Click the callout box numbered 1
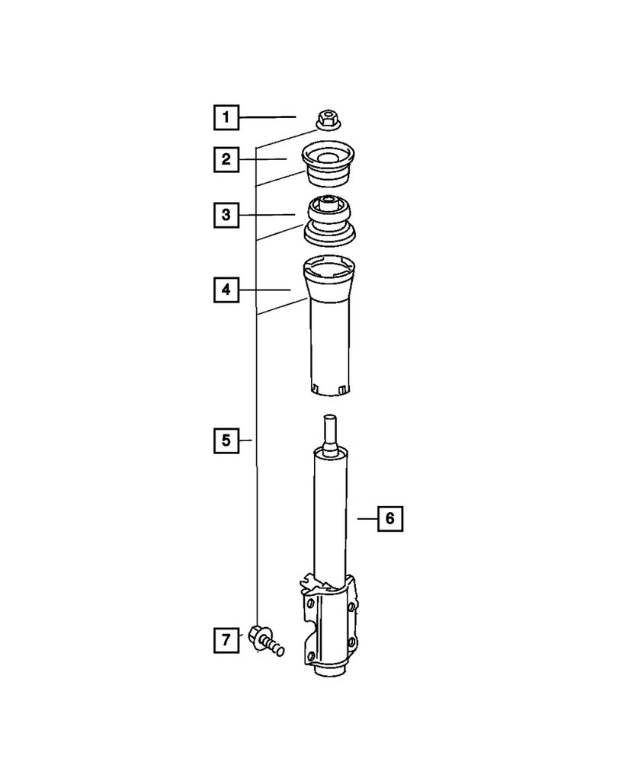point(226,117)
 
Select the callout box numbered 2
point(226,159)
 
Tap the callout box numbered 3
point(226,216)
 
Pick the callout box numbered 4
point(226,290)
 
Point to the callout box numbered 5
point(226,440)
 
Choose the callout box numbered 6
point(389,518)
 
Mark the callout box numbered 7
point(226,640)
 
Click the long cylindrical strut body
point(330,518)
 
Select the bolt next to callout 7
point(265,640)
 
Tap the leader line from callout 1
point(267,117)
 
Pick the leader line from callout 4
point(265,290)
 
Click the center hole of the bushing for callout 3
point(328,203)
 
